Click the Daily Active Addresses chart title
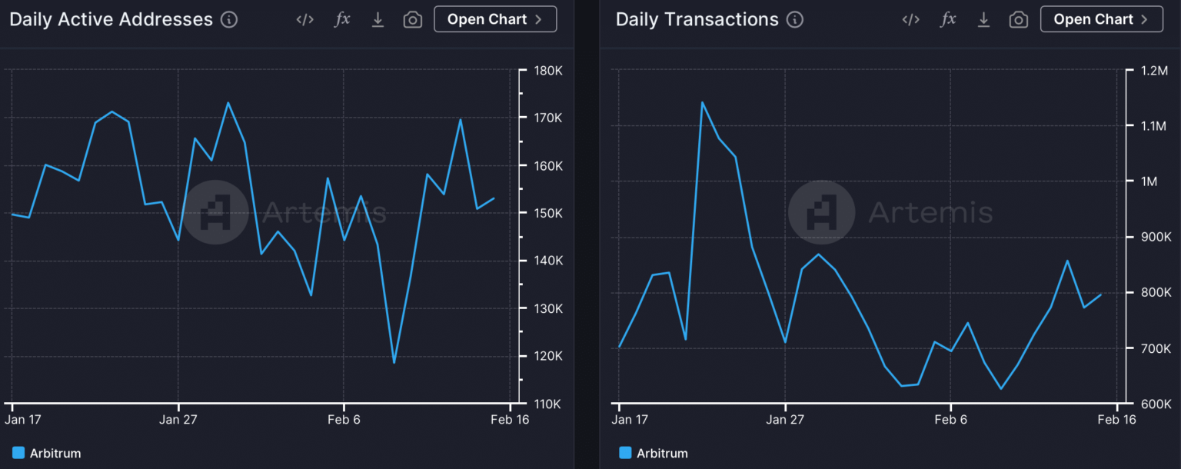(111, 20)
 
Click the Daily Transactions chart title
(697, 20)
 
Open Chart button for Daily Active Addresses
(495, 19)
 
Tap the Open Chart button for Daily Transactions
(1101, 19)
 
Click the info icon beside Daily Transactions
(795, 20)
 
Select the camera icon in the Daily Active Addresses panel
(413, 20)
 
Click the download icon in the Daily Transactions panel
(983, 20)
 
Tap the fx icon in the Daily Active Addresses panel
(342, 20)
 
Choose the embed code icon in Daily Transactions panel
(911, 20)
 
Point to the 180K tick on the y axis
(548, 71)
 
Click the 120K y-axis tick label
(548, 356)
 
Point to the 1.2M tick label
(1154, 71)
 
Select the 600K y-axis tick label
(1154, 404)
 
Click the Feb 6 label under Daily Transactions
(951, 420)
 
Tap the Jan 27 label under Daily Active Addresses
(178, 420)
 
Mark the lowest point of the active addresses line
(394, 362)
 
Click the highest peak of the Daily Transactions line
(702, 102)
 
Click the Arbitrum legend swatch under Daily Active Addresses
(18, 453)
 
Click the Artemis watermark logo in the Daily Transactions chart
(821, 212)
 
